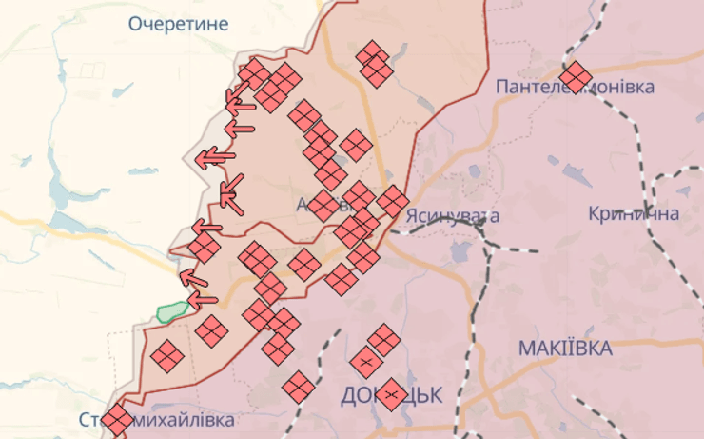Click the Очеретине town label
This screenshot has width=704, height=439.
pos(179,24)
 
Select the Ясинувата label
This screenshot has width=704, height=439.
pos(452,215)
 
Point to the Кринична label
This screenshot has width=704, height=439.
pos(634,213)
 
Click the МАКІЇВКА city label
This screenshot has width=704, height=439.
pos(565,349)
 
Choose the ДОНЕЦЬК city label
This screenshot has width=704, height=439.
pos(390,394)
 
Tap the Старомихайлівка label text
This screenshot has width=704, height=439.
pos(156,419)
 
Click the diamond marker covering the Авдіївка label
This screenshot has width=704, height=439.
pos(324,205)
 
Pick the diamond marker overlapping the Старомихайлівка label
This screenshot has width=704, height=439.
pos(116,420)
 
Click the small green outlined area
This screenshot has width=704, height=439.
pos(172,310)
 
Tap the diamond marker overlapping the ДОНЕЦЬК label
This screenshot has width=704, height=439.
pos(392,393)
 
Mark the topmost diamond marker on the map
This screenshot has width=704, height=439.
pos(374,54)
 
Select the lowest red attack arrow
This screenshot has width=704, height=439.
pos(202,300)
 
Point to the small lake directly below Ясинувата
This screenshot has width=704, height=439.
pos(460,253)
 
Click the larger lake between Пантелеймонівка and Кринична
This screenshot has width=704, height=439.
pos(577,176)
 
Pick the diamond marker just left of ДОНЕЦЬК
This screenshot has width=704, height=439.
pos(299,386)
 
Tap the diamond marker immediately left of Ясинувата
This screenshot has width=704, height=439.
pos(392,201)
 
